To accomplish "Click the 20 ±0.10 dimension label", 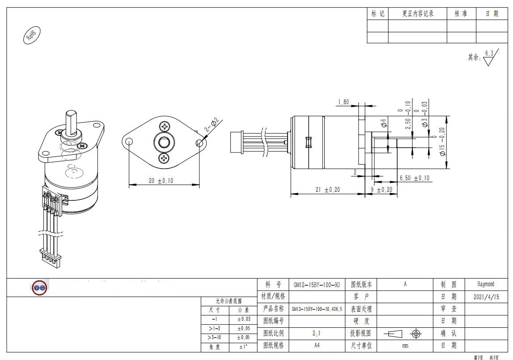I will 161,180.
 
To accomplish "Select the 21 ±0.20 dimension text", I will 327,190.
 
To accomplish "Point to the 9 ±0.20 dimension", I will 381,190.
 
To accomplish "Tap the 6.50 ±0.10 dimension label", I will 414,178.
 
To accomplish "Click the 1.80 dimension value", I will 343,102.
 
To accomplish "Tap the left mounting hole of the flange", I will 129,142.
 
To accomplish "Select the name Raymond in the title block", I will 486,284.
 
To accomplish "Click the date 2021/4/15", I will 486,296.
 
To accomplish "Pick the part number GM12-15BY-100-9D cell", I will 316,284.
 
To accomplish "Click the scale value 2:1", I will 316,333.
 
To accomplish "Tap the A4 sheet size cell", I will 316,345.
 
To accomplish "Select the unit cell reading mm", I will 405,345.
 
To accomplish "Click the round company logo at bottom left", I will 39,288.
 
